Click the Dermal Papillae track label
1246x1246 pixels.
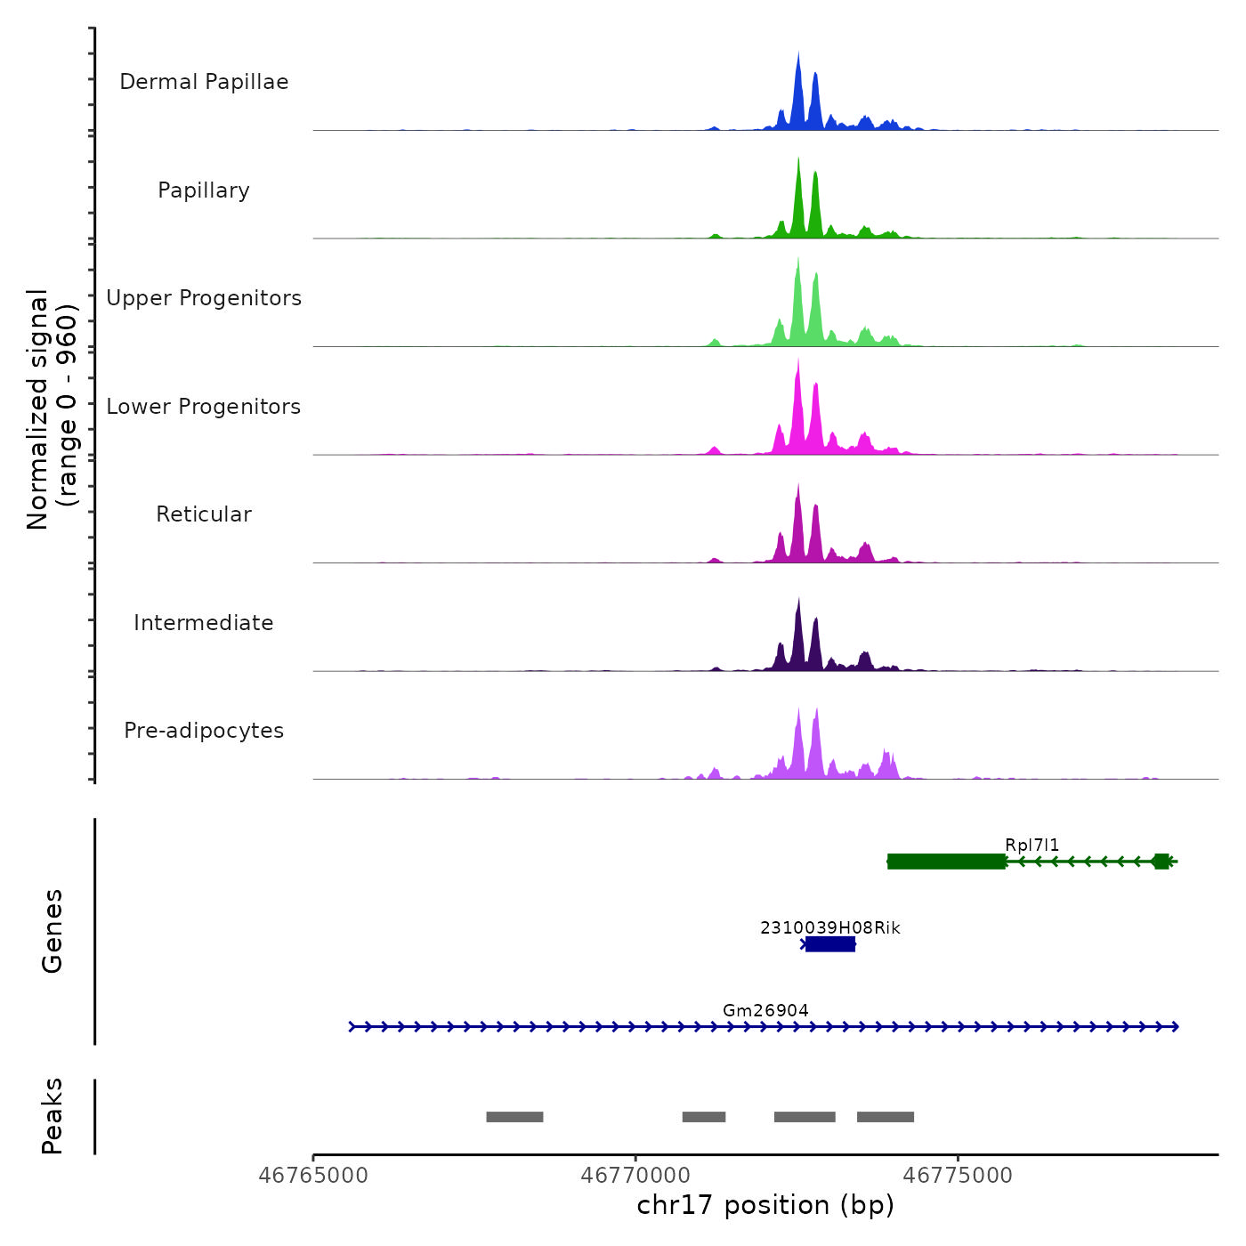click(204, 82)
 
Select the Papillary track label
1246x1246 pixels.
click(204, 190)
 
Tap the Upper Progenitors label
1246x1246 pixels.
click(204, 298)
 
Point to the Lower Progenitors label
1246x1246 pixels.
click(204, 407)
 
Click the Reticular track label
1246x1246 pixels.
click(204, 514)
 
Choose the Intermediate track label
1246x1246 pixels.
click(204, 623)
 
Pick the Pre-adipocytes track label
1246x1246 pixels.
click(204, 731)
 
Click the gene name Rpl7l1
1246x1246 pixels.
click(1032, 845)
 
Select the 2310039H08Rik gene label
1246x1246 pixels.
click(829, 927)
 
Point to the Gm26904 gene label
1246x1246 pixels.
click(765, 1010)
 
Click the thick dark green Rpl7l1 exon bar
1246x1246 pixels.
click(947, 861)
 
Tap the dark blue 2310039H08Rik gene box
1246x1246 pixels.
click(830, 944)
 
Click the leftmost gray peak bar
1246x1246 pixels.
click(514, 1117)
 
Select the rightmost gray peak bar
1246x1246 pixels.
click(886, 1117)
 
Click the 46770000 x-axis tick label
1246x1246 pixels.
click(635, 1176)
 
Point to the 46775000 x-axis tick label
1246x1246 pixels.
click(958, 1176)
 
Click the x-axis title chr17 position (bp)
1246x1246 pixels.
click(765, 1205)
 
